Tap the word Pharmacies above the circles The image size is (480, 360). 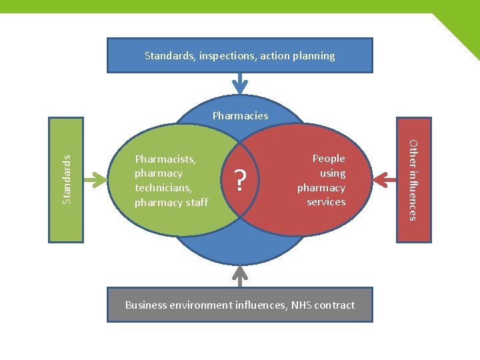[240, 115]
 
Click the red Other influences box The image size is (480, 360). [413, 179]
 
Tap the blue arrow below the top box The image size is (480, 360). [240, 84]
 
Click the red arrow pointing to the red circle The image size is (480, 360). [385, 179]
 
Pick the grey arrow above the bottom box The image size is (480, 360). [240, 275]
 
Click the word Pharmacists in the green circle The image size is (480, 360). [165, 159]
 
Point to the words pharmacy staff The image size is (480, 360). [171, 202]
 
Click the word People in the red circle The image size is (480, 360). [329, 159]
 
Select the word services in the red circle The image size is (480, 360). [326, 202]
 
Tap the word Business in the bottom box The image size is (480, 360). [146, 305]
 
